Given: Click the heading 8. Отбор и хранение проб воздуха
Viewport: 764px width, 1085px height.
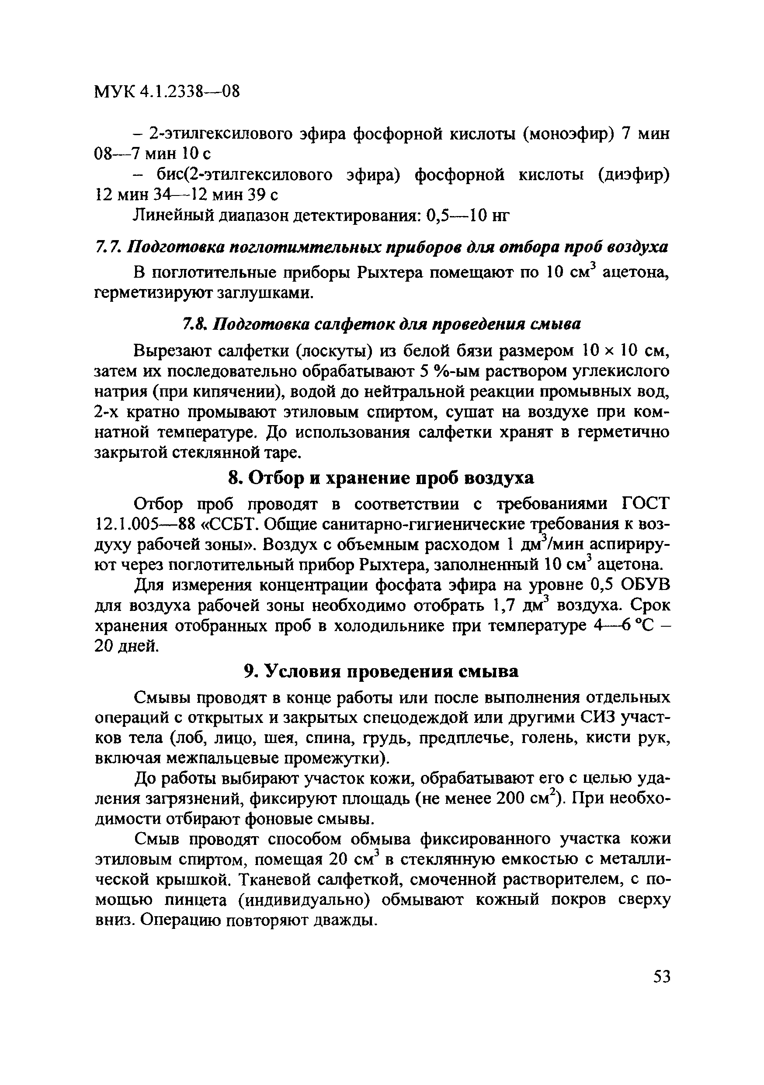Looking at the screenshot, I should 381,478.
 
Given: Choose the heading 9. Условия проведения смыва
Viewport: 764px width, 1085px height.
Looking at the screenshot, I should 381,671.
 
